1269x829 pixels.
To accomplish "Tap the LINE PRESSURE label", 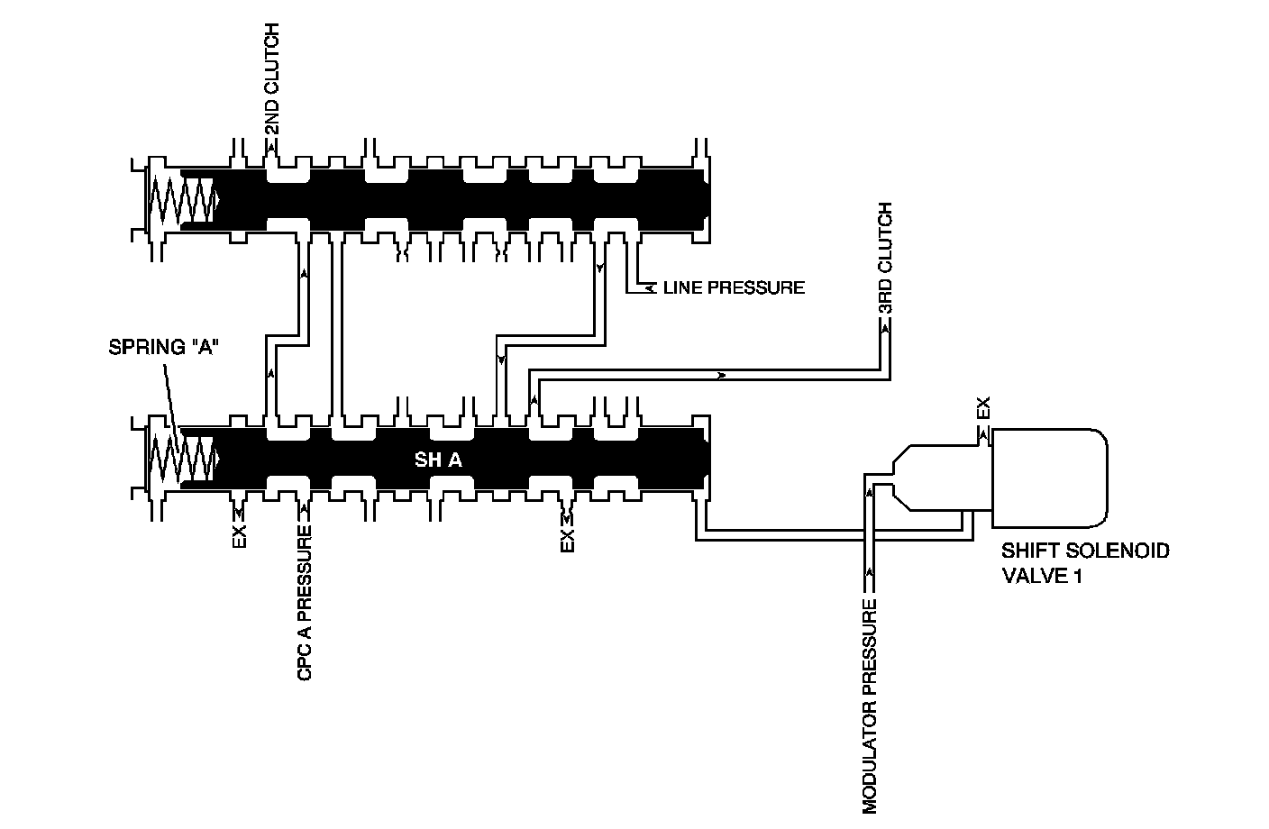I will [x=733, y=288].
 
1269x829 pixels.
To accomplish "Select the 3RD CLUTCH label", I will [x=886, y=259].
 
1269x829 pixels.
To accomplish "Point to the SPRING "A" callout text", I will [x=164, y=347].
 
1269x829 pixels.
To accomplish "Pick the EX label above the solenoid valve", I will [x=983, y=408].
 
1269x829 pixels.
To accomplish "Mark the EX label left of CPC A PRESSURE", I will [x=239, y=537].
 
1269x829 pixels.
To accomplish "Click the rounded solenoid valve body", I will [x=1050, y=476].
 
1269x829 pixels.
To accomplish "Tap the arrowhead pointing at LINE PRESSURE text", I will [x=651, y=288].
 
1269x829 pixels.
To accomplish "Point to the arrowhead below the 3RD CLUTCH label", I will [x=886, y=330].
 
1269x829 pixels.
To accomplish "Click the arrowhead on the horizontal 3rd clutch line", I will [x=722, y=375].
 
